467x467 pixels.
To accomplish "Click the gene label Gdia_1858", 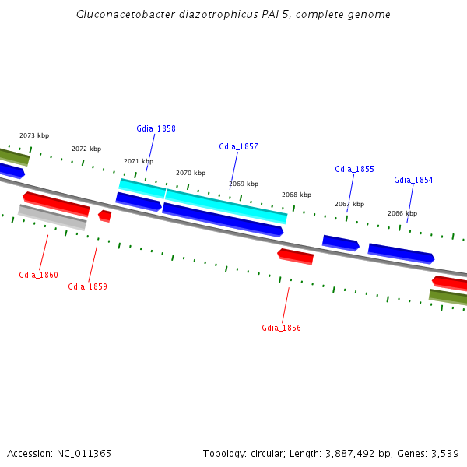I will [x=156, y=128].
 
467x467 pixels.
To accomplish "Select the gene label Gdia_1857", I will [x=238, y=146].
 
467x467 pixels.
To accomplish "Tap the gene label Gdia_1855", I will [x=354, y=169].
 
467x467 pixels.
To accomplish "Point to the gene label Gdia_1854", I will [x=413, y=180].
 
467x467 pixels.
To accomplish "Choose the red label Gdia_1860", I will [x=38, y=275].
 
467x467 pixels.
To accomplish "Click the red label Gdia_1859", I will [x=87, y=286].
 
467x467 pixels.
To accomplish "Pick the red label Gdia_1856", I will [x=281, y=328].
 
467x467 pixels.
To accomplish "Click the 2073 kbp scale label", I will [x=33, y=135].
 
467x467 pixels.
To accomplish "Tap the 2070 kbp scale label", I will [x=191, y=173].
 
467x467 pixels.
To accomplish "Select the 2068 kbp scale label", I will [x=297, y=195].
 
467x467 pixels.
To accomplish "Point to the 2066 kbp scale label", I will [x=402, y=213].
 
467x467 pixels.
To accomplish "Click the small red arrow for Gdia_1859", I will [x=105, y=215].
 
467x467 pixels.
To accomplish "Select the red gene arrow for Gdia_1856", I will [x=296, y=255].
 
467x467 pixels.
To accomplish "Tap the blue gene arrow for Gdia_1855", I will [x=340, y=243].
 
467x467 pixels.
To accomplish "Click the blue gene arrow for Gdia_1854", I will [x=401, y=253].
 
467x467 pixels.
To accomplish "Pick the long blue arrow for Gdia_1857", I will [x=223, y=219].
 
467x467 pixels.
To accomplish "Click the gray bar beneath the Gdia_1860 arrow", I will [x=52, y=217].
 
